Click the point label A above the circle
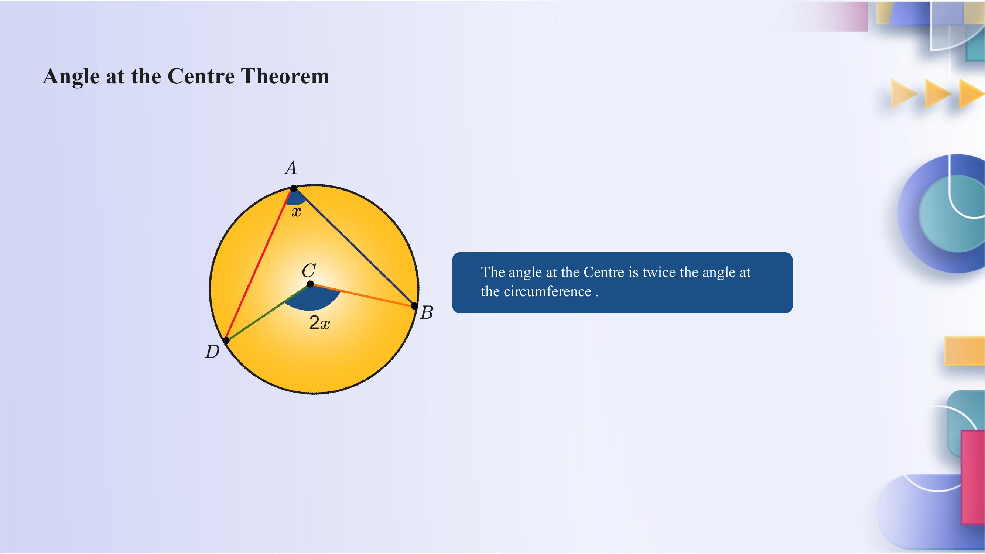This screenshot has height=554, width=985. [291, 168]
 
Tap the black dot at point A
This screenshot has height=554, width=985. [294, 188]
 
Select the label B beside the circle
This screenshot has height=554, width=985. [426, 313]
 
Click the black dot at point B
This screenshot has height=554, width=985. [414, 306]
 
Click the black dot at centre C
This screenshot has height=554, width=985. [311, 284]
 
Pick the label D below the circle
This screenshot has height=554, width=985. [212, 352]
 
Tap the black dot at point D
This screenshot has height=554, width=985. [226, 340]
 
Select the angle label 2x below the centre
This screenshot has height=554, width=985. [319, 324]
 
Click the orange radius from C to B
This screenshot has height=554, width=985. [363, 295]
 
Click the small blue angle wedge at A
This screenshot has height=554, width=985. [295, 198]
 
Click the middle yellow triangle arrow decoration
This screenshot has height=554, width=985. [937, 93]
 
